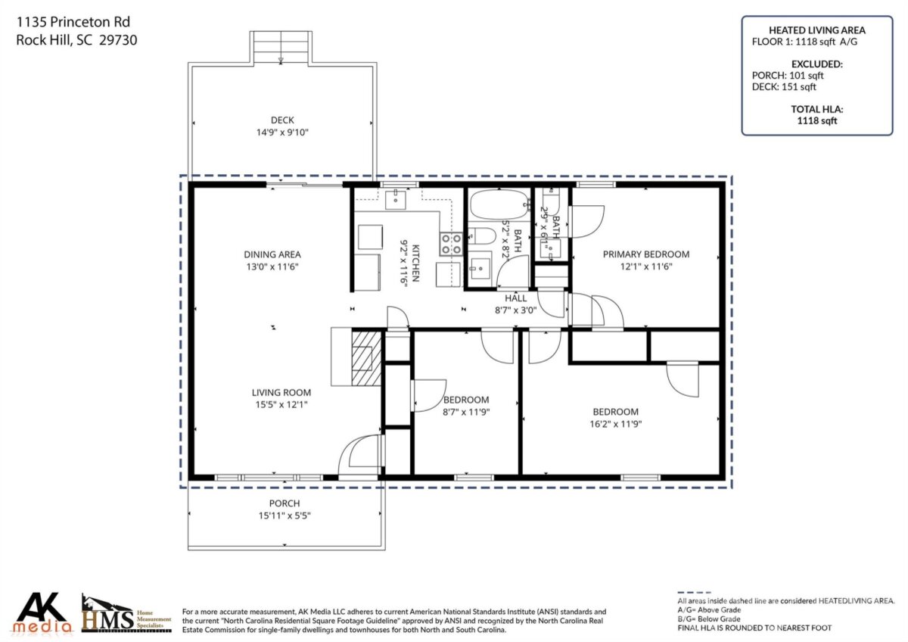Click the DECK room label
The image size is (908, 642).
[x=282, y=120]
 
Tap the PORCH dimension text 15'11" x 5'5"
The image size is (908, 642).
[x=285, y=516]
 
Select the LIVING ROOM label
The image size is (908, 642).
[x=281, y=392]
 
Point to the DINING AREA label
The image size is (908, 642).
[x=272, y=254]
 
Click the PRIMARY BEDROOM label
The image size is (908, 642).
[x=646, y=254]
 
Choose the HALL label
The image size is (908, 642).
[x=515, y=298]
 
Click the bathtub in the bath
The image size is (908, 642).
[x=499, y=204]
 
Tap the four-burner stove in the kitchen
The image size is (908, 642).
[x=451, y=244]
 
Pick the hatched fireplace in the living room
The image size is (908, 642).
[x=366, y=358]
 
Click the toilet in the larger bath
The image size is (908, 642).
[x=482, y=235]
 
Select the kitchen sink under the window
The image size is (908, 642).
[x=395, y=200]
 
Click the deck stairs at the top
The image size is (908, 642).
[x=281, y=47]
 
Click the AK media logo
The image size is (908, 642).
[x=42, y=612]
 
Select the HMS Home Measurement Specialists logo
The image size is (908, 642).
[x=126, y=615]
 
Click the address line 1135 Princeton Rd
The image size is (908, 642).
[x=73, y=22]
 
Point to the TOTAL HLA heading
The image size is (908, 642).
[x=816, y=109]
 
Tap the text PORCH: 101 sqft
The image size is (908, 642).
[x=788, y=76]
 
